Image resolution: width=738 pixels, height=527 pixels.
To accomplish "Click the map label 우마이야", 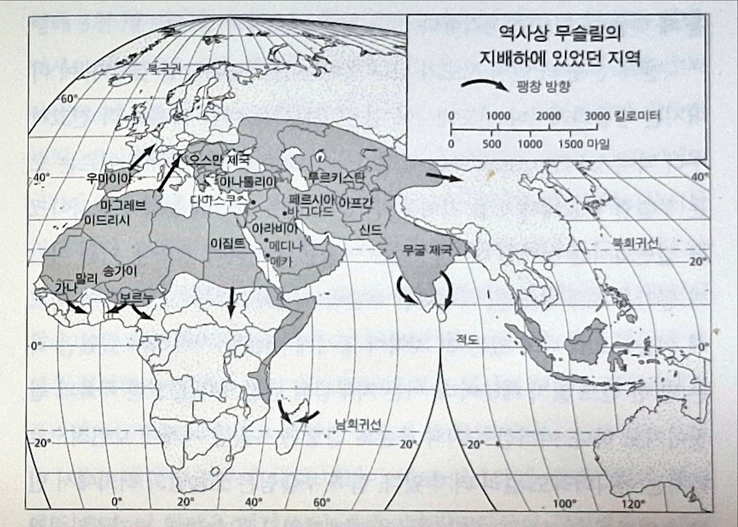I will click(108, 178).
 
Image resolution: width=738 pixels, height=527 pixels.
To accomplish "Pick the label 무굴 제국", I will click(426, 250).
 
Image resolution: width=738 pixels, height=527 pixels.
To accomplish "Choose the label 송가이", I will click(121, 270).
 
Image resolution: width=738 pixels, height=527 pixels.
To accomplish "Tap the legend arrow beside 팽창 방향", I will click(484, 86).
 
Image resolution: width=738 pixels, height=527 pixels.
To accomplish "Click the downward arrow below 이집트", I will click(231, 302).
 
